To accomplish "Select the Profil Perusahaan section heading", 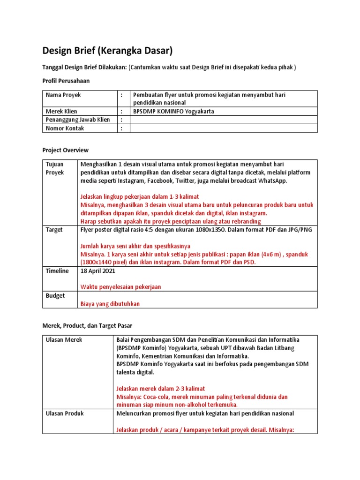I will [x=66, y=81].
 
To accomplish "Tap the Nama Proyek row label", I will [x=63, y=95].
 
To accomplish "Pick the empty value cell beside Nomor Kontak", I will [x=223, y=128].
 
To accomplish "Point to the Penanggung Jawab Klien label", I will [x=78, y=120].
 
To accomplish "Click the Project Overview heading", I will [x=65, y=150].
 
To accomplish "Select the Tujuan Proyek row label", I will [x=54, y=168].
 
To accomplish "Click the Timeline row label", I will [x=57, y=271].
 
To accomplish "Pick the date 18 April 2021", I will [x=97, y=271].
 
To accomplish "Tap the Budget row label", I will [x=55, y=295].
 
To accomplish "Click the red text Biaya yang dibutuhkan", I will [x=110, y=304].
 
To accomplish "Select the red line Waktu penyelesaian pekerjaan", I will [x=121, y=286].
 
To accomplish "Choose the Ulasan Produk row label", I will [x=65, y=413].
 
